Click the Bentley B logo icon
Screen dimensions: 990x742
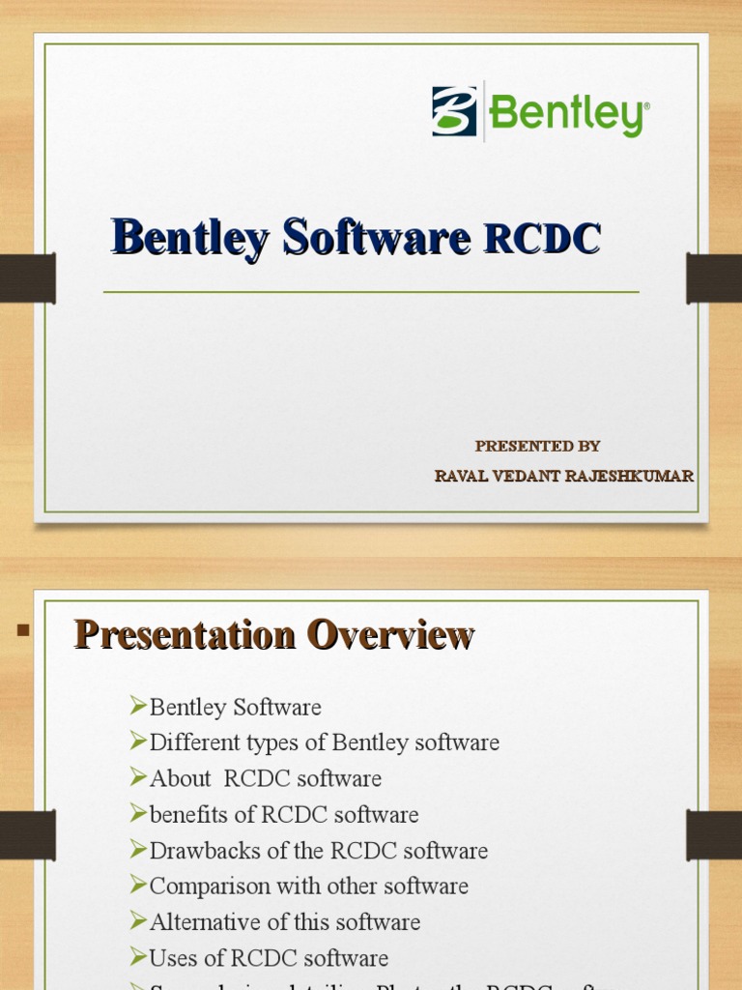[x=454, y=111]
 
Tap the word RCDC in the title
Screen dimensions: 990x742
[x=542, y=239]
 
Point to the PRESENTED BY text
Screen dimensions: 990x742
[x=537, y=446]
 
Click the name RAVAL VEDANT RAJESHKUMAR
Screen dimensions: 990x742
[x=564, y=476]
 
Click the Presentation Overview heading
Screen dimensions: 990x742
[x=274, y=635]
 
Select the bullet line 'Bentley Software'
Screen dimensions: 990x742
[x=235, y=707]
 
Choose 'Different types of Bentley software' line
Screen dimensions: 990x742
[x=324, y=742]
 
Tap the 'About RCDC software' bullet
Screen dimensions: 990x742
[x=265, y=778]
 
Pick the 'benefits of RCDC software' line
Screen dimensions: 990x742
[x=284, y=814]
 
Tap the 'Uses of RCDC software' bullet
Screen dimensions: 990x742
[x=269, y=958]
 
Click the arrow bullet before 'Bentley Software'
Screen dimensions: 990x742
[x=138, y=707]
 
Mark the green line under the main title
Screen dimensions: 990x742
[x=371, y=291]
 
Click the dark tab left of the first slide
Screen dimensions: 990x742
[x=27, y=277]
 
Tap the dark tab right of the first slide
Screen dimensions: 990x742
[x=714, y=277]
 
